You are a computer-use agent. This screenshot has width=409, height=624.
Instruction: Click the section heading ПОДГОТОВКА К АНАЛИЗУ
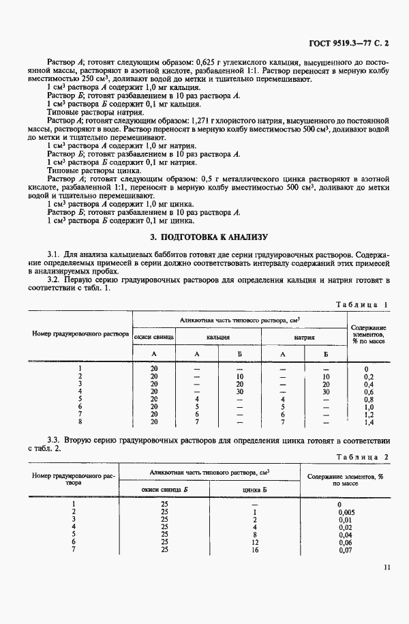point(209,237)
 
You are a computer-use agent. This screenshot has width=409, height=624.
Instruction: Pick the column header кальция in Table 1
point(218,337)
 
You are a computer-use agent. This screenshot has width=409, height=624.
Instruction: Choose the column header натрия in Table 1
point(304,337)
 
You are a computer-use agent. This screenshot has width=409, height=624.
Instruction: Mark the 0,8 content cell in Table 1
point(368,400)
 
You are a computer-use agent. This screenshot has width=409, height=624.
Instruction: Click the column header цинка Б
point(254,489)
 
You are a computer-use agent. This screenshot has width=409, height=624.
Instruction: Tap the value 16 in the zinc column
point(254,550)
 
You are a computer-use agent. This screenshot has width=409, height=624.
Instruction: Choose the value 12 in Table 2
point(254,542)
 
